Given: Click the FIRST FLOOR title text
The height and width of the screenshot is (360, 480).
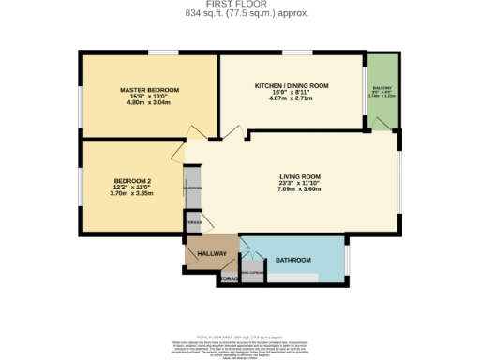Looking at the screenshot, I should tap(240, 5).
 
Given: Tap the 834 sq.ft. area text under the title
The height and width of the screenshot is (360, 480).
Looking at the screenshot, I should tap(240, 13).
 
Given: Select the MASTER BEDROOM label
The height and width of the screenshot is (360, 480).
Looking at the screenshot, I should tap(149, 90).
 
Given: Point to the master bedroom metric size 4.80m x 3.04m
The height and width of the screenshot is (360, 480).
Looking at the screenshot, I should tap(149, 103).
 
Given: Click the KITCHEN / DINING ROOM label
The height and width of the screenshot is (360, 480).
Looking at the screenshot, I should tap(292, 85).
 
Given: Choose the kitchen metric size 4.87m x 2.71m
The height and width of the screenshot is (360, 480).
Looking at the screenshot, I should tap(292, 98).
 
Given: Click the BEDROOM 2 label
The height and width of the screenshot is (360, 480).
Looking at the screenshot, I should tap(132, 180).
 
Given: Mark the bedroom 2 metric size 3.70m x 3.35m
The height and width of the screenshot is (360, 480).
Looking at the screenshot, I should tap(132, 192).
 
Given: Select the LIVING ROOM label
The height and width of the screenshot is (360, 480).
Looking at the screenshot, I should tap(300, 176).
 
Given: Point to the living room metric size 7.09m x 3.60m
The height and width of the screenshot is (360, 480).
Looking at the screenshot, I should tap(300, 188).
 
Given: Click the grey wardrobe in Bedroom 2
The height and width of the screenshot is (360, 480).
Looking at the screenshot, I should tap(192, 188).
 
